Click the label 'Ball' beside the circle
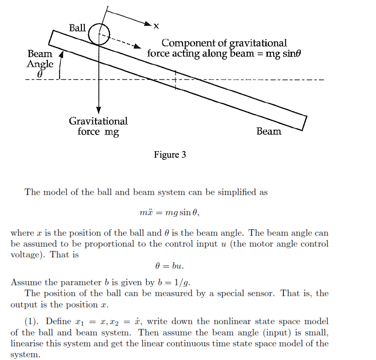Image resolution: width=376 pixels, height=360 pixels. [77, 28]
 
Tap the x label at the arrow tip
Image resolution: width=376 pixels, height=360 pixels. [156, 26]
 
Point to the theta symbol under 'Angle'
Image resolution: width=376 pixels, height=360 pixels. [40, 75]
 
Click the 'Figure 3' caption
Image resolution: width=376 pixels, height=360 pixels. [170, 155]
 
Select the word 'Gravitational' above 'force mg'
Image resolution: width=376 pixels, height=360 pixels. [98, 121]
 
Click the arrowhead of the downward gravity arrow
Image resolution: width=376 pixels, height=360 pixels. [99, 110]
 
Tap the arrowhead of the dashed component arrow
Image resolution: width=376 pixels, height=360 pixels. [138, 47]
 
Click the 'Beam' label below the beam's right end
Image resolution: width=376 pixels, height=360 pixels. [269, 131]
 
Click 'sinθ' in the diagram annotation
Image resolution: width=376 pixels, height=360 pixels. [292, 54]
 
